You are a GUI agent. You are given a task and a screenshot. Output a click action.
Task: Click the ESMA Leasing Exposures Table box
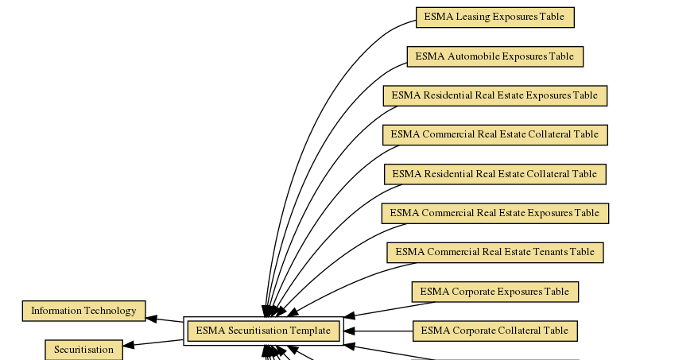tap(494, 17)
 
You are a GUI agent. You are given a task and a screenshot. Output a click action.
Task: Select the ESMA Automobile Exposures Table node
tap(494, 56)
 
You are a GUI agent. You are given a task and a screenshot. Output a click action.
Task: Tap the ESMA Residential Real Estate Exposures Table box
tap(494, 95)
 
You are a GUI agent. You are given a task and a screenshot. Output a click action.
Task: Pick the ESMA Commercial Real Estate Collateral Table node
tap(494, 134)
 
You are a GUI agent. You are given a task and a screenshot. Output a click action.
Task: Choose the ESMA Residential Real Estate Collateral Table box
tap(494, 174)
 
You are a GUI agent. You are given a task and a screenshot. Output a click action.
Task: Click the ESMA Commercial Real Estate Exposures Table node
tap(494, 213)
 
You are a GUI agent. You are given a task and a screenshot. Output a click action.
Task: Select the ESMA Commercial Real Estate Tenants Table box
tap(494, 253)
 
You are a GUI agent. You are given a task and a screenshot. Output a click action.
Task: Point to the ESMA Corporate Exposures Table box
tap(494, 292)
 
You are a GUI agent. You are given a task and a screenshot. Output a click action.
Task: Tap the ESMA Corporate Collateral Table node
tap(494, 331)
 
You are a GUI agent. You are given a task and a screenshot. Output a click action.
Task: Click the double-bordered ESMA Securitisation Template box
tap(263, 331)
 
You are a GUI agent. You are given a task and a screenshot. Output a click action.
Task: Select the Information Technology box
tap(83, 311)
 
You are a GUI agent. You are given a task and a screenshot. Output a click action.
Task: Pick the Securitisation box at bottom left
tap(83, 350)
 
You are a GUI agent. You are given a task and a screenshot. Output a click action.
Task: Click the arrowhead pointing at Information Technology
tap(152, 319)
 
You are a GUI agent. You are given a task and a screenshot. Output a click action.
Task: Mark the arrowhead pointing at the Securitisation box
tap(130, 345)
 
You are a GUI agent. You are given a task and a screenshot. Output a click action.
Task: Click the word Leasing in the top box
tap(473, 17)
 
